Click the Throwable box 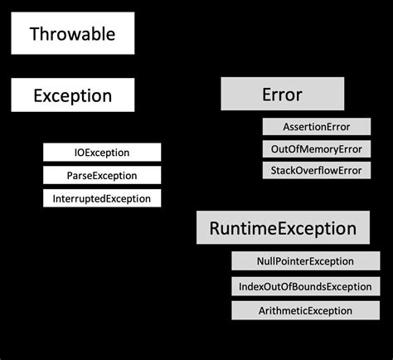coord(72,35)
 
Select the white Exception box coord(72,95)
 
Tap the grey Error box coord(282,94)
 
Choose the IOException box coord(102,153)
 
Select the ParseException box coord(102,175)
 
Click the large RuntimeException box coord(283,227)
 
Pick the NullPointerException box coord(306,261)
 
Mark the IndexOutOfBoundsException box coord(306,286)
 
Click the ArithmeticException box coord(306,311)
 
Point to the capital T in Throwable coord(35,35)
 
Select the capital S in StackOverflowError coord(274,170)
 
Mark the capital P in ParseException coord(70,175)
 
